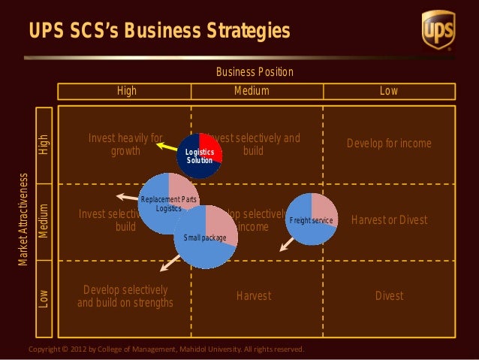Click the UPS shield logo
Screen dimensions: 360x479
(x=438, y=29)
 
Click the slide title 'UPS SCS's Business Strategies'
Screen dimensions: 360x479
(x=159, y=31)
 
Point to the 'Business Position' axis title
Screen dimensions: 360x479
(x=255, y=72)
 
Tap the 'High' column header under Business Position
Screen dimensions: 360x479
(x=126, y=91)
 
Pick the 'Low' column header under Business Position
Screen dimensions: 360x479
(x=388, y=91)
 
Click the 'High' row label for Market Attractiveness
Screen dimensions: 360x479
(x=44, y=144)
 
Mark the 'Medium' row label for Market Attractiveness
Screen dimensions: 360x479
(x=44, y=220)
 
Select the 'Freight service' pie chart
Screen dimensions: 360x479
(x=312, y=219)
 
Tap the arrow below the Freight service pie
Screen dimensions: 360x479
(x=286, y=244)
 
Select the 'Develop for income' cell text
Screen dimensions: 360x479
(x=389, y=144)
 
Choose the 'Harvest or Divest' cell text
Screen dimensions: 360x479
(x=389, y=220)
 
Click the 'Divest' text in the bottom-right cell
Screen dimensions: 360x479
(x=389, y=296)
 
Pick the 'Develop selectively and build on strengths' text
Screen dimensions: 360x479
(x=125, y=296)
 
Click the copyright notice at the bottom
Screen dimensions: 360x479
(x=165, y=349)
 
